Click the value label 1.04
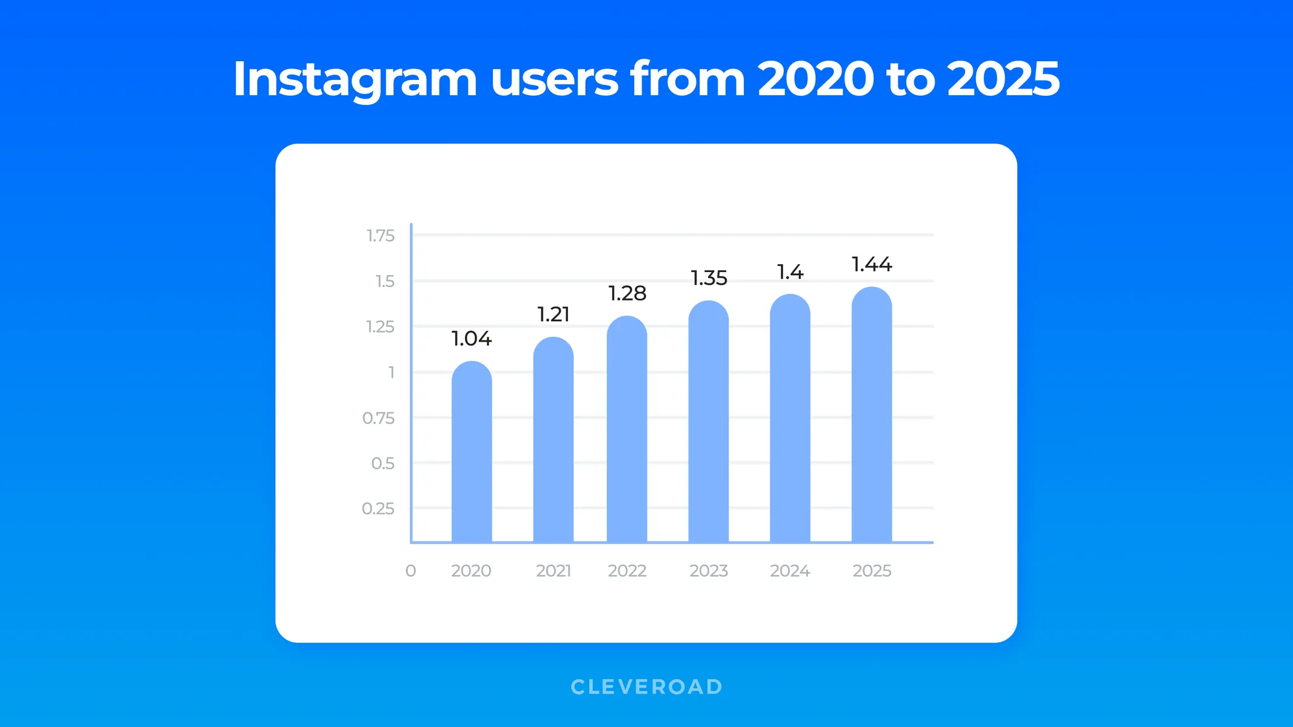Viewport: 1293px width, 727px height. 472,339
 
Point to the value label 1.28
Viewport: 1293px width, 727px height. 627,294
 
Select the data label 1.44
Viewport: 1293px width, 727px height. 872,265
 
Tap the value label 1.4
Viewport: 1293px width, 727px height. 790,273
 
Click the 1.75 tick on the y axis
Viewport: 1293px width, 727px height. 380,236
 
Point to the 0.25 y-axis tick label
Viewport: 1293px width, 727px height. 378,509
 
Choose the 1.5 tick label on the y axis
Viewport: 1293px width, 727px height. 384,282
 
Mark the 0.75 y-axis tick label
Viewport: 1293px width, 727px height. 378,418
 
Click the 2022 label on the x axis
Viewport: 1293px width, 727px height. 627,571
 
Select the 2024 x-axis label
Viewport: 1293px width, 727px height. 790,571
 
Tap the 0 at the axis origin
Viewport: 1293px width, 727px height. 410,571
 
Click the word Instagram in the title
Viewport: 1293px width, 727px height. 355,79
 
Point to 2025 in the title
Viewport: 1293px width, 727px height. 1003,79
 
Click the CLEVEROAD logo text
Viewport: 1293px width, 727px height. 646,687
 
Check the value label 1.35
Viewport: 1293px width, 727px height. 709,279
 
